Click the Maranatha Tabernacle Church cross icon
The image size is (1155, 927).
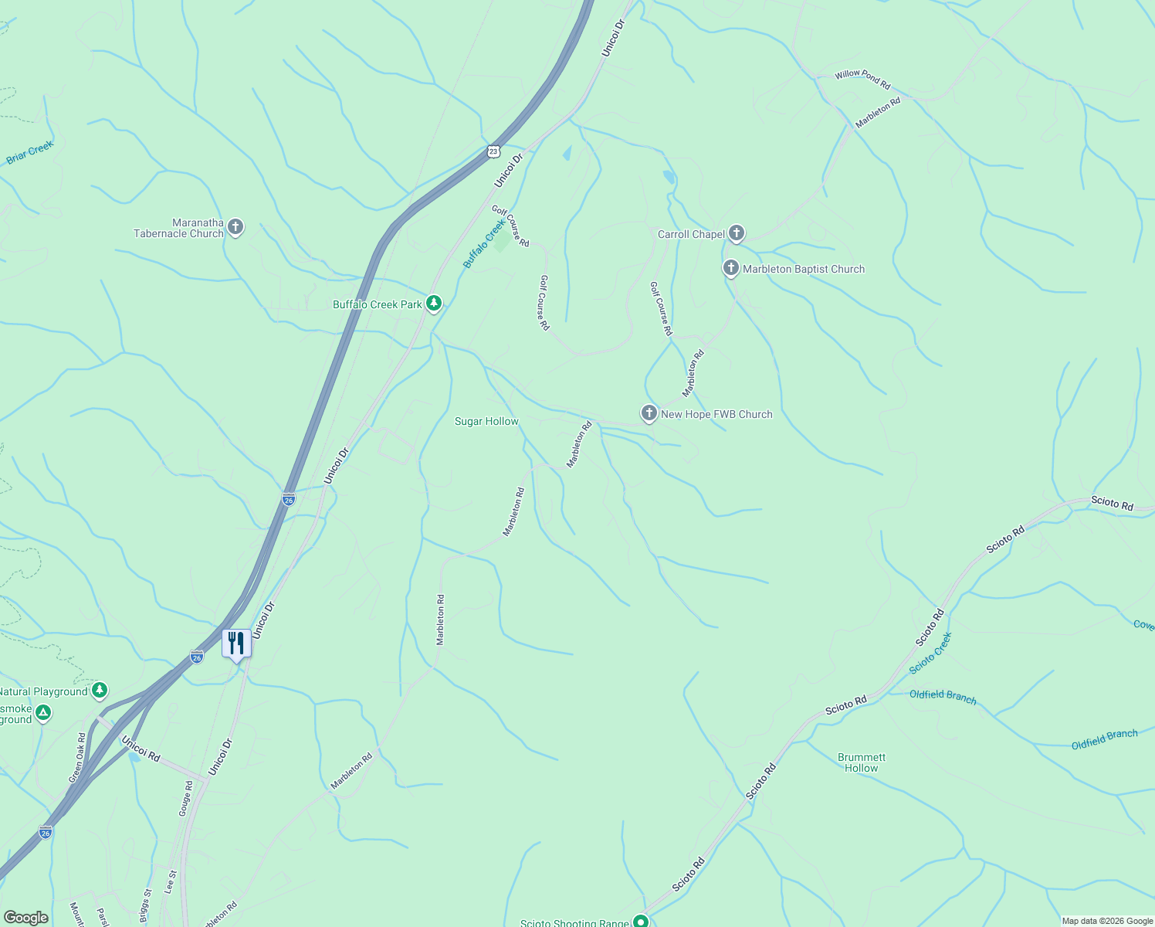(x=236, y=227)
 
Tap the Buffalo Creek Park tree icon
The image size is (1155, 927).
(x=434, y=304)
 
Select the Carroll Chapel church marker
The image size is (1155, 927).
(x=737, y=233)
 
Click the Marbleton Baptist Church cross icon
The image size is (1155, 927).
(x=730, y=269)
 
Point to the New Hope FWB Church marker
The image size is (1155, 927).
(x=649, y=413)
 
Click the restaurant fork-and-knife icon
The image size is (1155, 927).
(x=236, y=643)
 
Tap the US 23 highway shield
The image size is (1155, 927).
(x=493, y=151)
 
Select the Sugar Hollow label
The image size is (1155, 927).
(x=486, y=421)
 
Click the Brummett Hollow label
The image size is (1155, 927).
(x=862, y=762)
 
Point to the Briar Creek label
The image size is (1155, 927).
(x=30, y=152)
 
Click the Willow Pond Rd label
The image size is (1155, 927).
(x=862, y=79)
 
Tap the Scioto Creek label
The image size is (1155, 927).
(x=930, y=653)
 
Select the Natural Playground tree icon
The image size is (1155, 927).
(x=100, y=691)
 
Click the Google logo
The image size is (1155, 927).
(x=25, y=918)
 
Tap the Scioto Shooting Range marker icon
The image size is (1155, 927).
(x=641, y=921)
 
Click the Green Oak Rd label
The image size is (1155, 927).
(x=77, y=758)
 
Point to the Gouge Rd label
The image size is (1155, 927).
(x=185, y=798)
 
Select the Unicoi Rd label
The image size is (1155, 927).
(x=141, y=749)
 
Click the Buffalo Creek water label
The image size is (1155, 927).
(x=484, y=243)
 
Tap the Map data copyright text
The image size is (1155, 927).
(x=1107, y=921)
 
